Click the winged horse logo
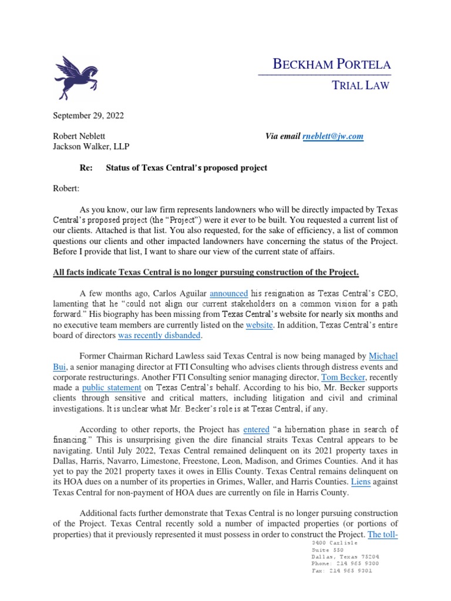(x=77, y=77)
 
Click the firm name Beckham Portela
(x=332, y=65)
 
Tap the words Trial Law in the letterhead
(x=361, y=86)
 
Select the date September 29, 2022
(x=89, y=116)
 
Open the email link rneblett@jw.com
(x=333, y=136)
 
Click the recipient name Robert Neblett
(x=79, y=136)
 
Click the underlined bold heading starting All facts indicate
(x=206, y=274)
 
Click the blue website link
(x=259, y=325)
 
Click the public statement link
(x=112, y=387)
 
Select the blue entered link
(x=255, y=430)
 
